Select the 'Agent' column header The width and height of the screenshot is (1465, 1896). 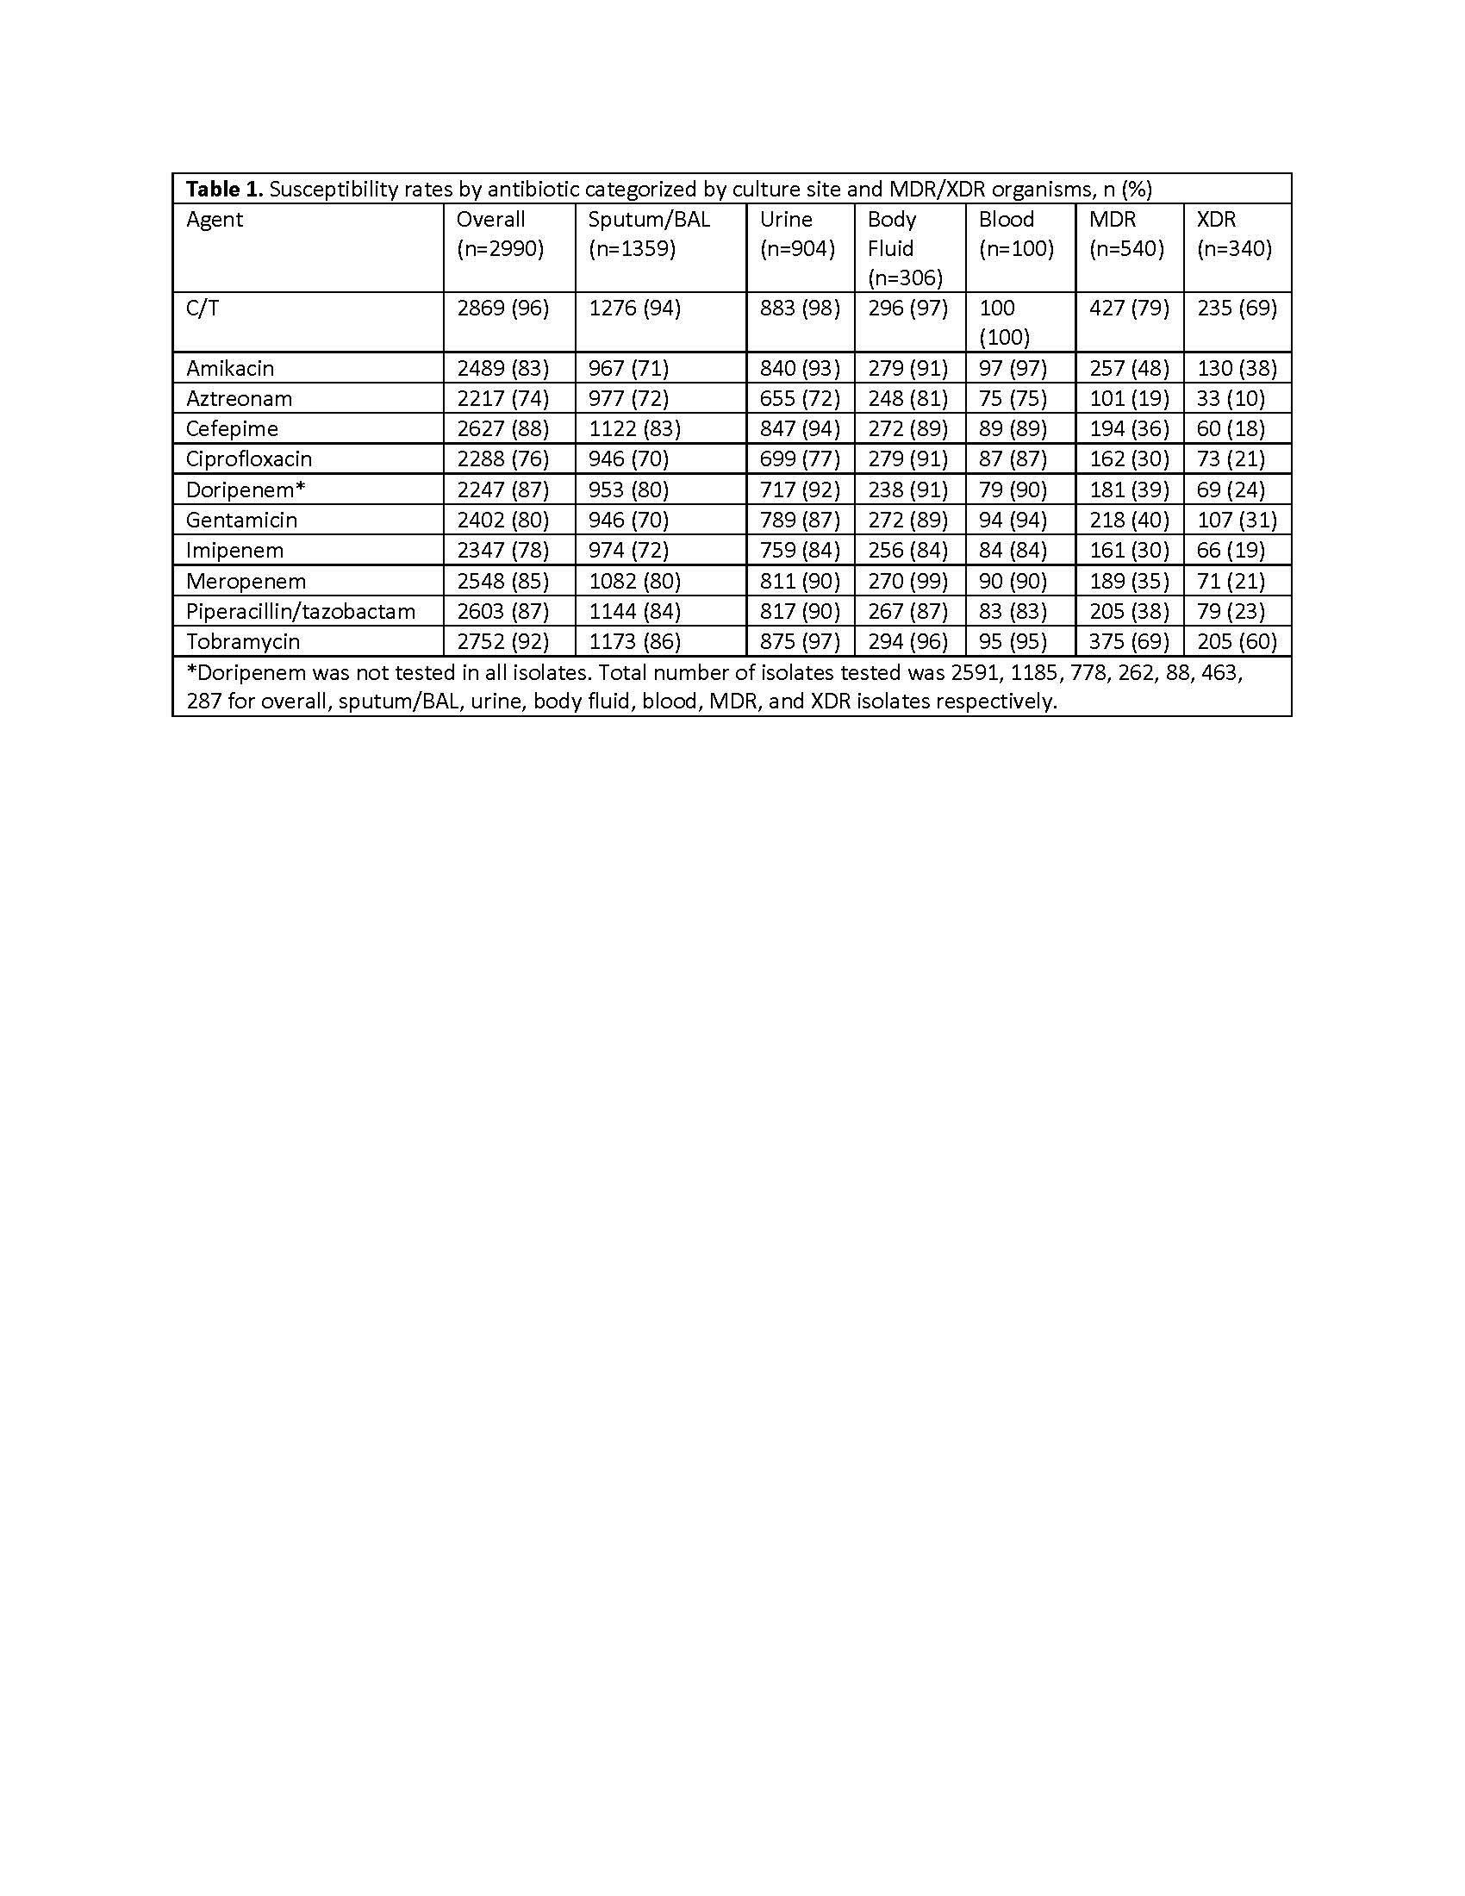tap(215, 220)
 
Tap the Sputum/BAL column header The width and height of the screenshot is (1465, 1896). tap(649, 220)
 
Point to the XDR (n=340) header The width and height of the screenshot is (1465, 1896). tap(1234, 234)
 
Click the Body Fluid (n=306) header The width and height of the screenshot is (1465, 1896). tap(905, 248)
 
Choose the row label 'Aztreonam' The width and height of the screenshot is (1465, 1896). tap(239, 398)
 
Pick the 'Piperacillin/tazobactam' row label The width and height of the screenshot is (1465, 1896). tap(300, 611)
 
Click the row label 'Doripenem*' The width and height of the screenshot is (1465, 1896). tap(246, 490)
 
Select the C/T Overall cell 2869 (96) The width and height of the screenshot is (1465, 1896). tap(502, 309)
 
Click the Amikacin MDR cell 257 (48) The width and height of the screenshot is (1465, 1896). tap(1128, 368)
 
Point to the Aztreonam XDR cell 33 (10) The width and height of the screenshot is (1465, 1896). tap(1231, 398)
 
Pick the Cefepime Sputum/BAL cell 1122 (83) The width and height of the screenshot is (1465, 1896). tap(633, 429)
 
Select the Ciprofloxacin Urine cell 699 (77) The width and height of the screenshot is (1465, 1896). tap(800, 459)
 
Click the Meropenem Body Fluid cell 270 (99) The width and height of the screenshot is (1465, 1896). tap(907, 581)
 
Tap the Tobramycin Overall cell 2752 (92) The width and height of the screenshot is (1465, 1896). tap(502, 641)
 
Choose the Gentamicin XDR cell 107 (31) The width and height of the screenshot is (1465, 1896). tap(1237, 520)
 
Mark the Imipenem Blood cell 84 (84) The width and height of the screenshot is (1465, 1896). tap(1013, 551)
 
